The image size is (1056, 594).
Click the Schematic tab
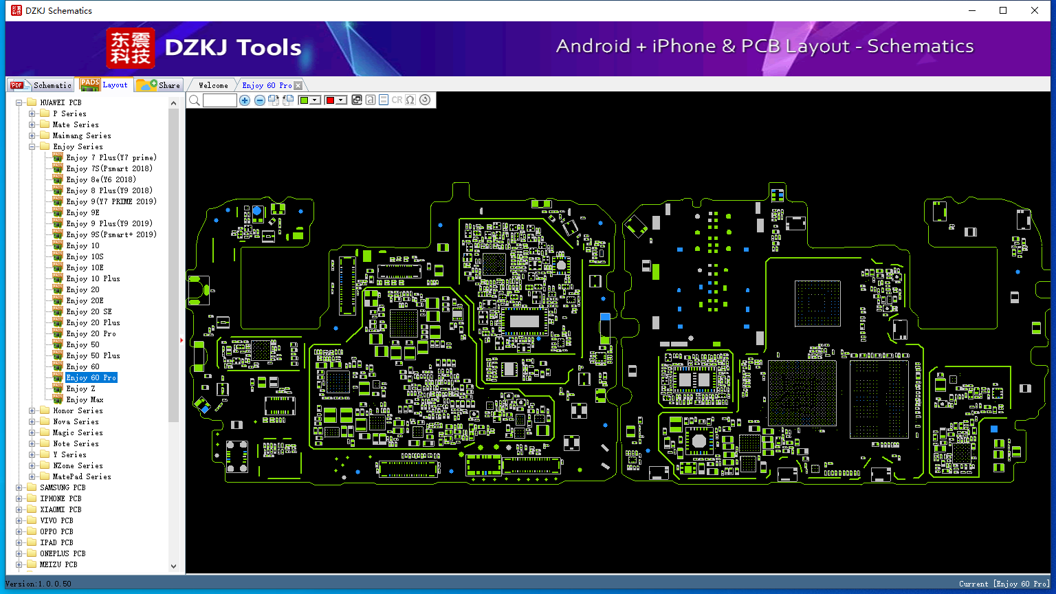[x=41, y=85]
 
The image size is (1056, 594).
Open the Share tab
[x=158, y=85]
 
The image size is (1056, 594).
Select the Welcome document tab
[x=213, y=85]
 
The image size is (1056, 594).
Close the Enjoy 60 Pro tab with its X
[x=298, y=85]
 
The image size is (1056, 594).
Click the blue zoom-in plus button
[x=244, y=100]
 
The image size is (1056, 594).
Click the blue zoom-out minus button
[x=259, y=100]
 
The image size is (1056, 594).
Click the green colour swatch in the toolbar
[x=304, y=100]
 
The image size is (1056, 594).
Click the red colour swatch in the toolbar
[x=330, y=100]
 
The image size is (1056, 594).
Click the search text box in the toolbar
[x=220, y=100]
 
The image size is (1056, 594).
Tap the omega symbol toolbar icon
[x=410, y=100]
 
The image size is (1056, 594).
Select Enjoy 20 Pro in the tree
[x=91, y=333]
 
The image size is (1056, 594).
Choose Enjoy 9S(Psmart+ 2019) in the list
[x=111, y=234]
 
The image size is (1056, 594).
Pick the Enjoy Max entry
[x=85, y=399]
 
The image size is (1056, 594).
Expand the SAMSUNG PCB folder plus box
[x=19, y=487]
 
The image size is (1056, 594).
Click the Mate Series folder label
[x=76, y=124]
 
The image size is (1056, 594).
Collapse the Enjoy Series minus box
[x=32, y=146]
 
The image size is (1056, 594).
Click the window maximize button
[x=1003, y=10]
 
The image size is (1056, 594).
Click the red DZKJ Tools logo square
[x=131, y=48]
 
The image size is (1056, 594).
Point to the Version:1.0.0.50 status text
[x=38, y=584]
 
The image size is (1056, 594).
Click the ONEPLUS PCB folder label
[x=63, y=553]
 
